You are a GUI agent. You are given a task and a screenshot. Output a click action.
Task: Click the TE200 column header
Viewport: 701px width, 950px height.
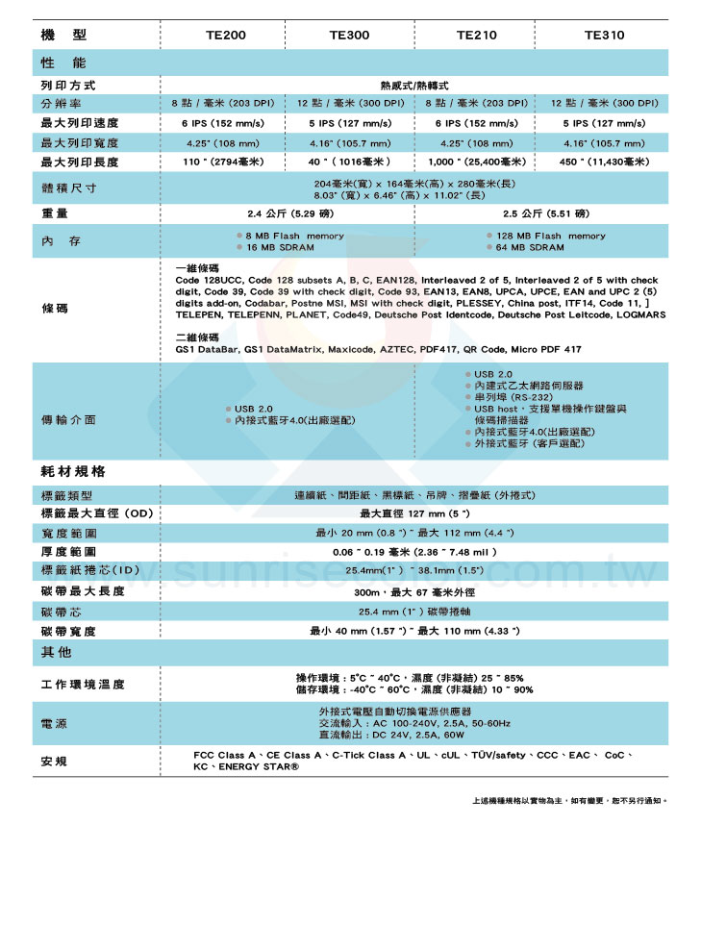click(226, 35)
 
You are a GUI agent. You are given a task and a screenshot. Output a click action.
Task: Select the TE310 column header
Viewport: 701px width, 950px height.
click(604, 35)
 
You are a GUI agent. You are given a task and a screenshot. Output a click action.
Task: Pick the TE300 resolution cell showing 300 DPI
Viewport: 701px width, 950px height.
click(349, 103)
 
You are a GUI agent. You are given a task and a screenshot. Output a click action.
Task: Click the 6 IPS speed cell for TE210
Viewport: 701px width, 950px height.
click(476, 123)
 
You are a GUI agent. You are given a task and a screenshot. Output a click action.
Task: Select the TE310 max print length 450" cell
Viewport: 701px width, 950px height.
click(604, 162)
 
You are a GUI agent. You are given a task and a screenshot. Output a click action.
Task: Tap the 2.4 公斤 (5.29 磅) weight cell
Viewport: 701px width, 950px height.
click(286, 212)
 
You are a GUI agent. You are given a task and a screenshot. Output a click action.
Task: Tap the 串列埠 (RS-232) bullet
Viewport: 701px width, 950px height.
click(514, 396)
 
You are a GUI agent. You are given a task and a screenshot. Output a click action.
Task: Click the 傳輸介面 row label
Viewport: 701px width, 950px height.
click(68, 420)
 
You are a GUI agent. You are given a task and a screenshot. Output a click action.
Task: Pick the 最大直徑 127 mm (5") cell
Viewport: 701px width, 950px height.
click(413, 513)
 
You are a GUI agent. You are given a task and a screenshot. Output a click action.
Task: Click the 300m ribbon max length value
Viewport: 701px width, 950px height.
click(413, 591)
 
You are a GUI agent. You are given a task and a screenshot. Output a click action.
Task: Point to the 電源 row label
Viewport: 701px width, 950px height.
click(54, 723)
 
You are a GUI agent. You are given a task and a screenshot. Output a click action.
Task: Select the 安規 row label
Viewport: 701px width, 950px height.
click(54, 762)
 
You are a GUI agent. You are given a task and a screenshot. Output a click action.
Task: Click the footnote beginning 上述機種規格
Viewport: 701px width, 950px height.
click(568, 800)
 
